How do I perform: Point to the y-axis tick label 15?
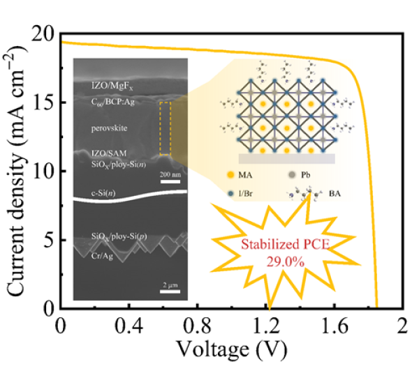[x=44, y=102]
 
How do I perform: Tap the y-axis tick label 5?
[x=48, y=240]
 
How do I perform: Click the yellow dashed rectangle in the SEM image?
[x=165, y=128]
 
